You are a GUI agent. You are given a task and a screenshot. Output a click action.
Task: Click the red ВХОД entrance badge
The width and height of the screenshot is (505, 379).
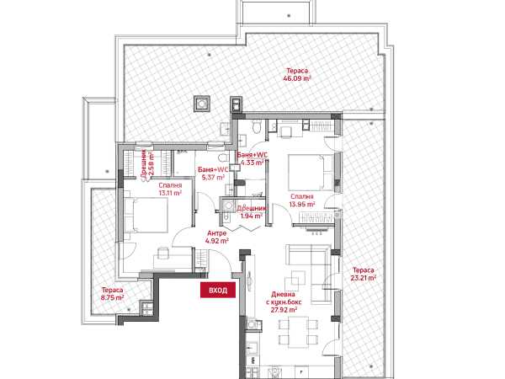click(x=218, y=290)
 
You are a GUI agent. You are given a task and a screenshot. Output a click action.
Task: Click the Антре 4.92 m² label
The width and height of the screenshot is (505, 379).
click(x=217, y=237)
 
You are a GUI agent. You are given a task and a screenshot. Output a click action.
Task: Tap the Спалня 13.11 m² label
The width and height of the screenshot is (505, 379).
click(x=170, y=189)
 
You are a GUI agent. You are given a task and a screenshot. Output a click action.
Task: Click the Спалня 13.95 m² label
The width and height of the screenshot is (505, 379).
click(x=302, y=200)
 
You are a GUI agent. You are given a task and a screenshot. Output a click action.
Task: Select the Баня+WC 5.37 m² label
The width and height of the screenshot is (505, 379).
click(x=213, y=173)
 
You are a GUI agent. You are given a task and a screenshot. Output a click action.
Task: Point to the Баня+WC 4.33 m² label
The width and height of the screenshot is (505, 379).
click(x=252, y=158)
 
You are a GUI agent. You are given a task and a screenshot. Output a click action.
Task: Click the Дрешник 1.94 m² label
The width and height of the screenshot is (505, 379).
click(x=252, y=212)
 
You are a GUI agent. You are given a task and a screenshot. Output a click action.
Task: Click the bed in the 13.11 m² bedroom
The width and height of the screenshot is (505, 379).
click(x=146, y=215)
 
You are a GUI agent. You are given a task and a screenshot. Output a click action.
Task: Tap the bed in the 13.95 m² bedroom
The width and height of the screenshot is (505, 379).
click(x=311, y=173)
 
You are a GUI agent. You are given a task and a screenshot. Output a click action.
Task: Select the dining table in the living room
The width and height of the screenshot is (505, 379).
click(x=298, y=332)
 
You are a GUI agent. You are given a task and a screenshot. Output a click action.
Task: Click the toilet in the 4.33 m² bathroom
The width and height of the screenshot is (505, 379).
click(x=257, y=126)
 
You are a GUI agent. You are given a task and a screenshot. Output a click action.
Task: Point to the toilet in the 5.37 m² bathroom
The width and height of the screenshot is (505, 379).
click(x=223, y=158)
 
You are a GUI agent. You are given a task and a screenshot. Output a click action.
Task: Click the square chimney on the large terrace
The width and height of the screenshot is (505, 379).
click(x=202, y=104)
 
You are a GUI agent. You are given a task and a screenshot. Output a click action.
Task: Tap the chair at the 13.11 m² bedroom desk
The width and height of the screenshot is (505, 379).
click(x=163, y=253)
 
